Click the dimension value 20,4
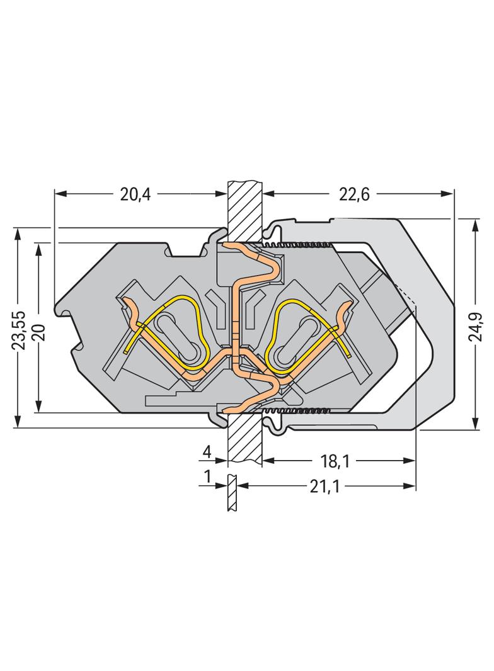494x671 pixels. point(135,195)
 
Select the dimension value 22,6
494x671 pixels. point(354,195)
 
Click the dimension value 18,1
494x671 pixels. point(336,461)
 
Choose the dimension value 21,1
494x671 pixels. point(325,487)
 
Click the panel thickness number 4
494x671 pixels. point(207,452)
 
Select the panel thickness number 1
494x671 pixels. point(208,476)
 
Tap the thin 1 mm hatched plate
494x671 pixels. point(231,492)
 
